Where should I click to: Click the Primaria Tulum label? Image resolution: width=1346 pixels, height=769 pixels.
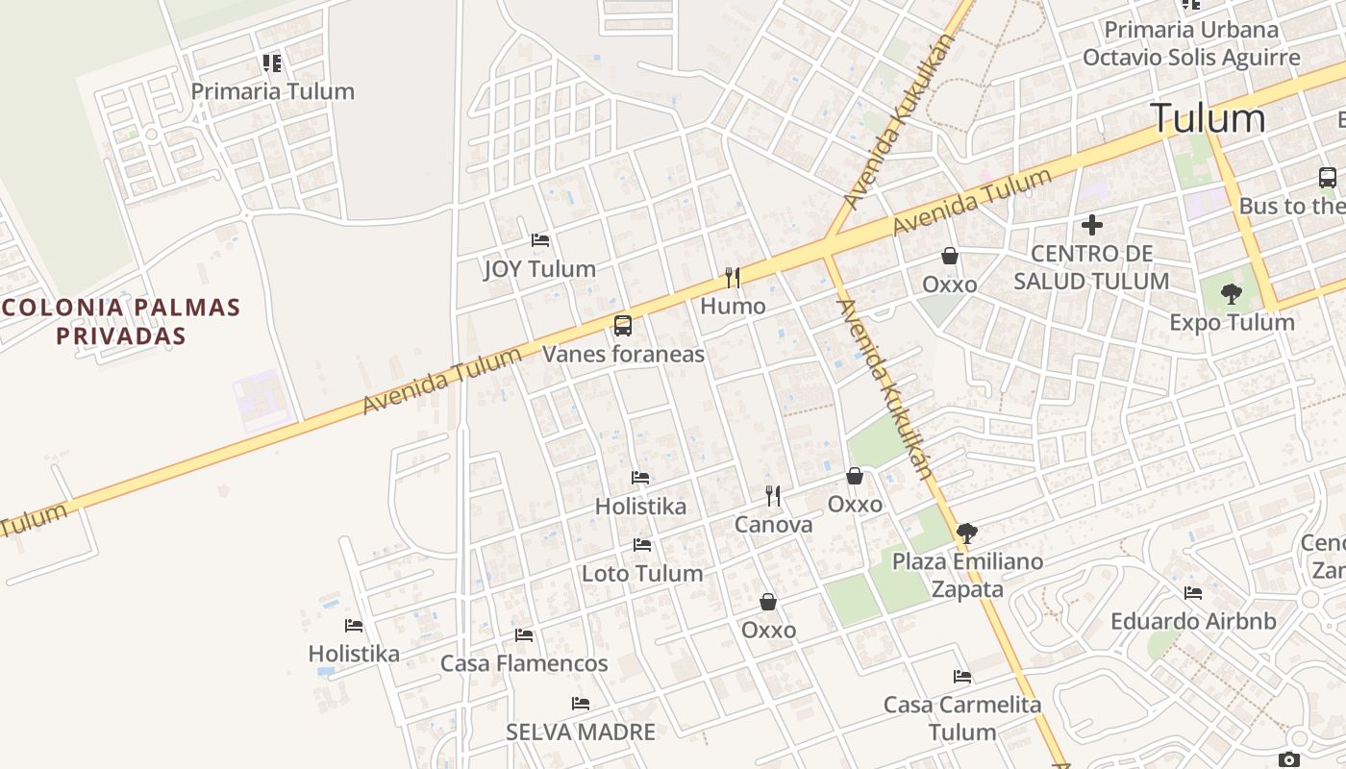point(273,91)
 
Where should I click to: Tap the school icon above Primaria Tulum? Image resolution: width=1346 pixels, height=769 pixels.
point(272,63)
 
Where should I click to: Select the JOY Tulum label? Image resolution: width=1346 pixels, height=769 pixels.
point(539,269)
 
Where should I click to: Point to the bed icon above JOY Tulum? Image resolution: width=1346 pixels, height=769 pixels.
point(540,239)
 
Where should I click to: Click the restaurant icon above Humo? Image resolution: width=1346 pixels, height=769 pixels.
point(733,278)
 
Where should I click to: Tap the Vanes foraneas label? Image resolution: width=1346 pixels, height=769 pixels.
point(623,354)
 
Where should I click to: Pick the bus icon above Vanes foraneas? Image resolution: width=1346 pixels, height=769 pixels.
point(623,326)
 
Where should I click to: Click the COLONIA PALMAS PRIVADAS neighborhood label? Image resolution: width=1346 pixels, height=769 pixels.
point(120,321)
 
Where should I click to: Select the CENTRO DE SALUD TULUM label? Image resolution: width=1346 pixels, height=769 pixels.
point(1091,267)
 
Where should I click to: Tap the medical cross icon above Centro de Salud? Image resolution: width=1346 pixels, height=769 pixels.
point(1091,226)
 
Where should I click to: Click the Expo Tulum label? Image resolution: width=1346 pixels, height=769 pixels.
point(1232,322)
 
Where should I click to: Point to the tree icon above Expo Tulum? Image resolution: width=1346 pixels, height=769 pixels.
point(1231,294)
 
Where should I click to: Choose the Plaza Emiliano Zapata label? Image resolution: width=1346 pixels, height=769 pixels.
point(967,575)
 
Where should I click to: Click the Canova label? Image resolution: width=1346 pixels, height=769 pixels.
point(773,525)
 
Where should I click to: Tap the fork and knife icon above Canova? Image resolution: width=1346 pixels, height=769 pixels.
point(773,496)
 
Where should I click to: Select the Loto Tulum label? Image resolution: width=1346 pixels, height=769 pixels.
point(642,574)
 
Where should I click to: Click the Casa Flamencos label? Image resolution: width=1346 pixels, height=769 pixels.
point(524,663)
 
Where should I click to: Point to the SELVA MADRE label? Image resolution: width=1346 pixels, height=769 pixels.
point(581,732)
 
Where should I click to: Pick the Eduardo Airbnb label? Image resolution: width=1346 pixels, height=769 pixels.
point(1193,621)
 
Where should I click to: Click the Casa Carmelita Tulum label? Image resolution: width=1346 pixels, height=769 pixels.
point(962,718)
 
